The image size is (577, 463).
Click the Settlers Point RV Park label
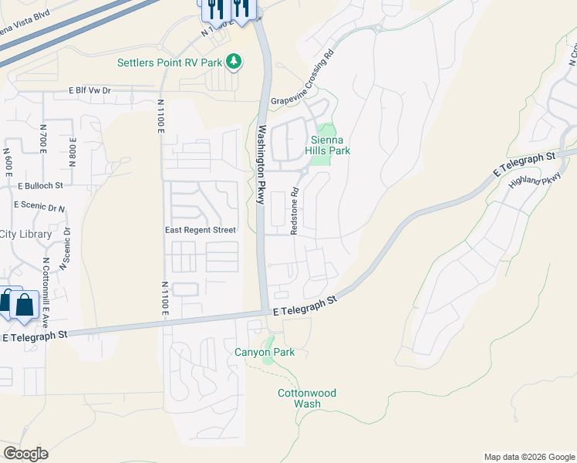pos(169,62)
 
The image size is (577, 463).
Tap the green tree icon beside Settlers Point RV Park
pos(235,62)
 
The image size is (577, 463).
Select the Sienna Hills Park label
pos(330,145)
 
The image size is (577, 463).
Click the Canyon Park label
pos(265,353)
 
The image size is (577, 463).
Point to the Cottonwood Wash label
pos(307,398)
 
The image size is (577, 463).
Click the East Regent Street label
pos(201,230)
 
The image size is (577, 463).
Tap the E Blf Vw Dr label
pos(90,90)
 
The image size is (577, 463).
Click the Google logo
pos(26,453)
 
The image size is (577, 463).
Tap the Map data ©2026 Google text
pos(528,457)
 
